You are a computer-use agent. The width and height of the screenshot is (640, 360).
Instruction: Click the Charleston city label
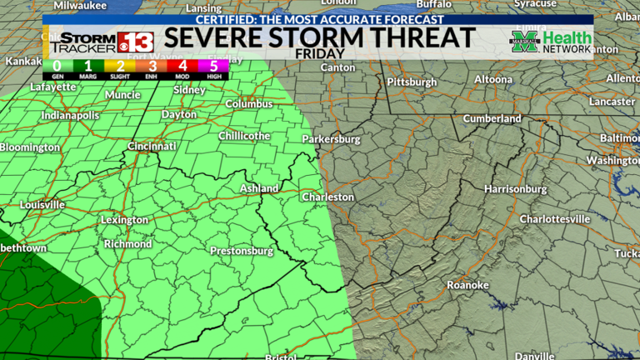click(327, 197)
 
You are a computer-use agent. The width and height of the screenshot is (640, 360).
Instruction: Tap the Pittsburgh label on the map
click(412, 82)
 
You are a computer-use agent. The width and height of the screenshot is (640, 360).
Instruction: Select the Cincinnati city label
click(152, 146)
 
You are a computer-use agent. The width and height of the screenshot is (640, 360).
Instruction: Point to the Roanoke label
click(467, 285)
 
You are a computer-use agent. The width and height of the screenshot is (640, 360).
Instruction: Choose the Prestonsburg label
click(242, 251)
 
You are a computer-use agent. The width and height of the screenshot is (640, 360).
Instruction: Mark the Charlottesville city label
click(554, 218)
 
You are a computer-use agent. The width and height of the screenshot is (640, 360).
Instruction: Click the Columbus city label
click(248, 104)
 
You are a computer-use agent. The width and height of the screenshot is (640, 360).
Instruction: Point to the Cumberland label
click(492, 118)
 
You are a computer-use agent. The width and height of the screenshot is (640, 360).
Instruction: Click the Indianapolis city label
click(71, 115)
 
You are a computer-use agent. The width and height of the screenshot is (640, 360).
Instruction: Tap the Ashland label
click(259, 189)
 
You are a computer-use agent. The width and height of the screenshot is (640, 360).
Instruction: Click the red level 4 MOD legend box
click(182, 67)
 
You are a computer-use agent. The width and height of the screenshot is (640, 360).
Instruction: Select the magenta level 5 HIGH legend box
click(213, 67)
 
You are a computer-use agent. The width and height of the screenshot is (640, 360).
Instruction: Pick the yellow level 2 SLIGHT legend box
click(119, 67)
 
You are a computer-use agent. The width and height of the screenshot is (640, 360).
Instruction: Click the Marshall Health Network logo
click(552, 41)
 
